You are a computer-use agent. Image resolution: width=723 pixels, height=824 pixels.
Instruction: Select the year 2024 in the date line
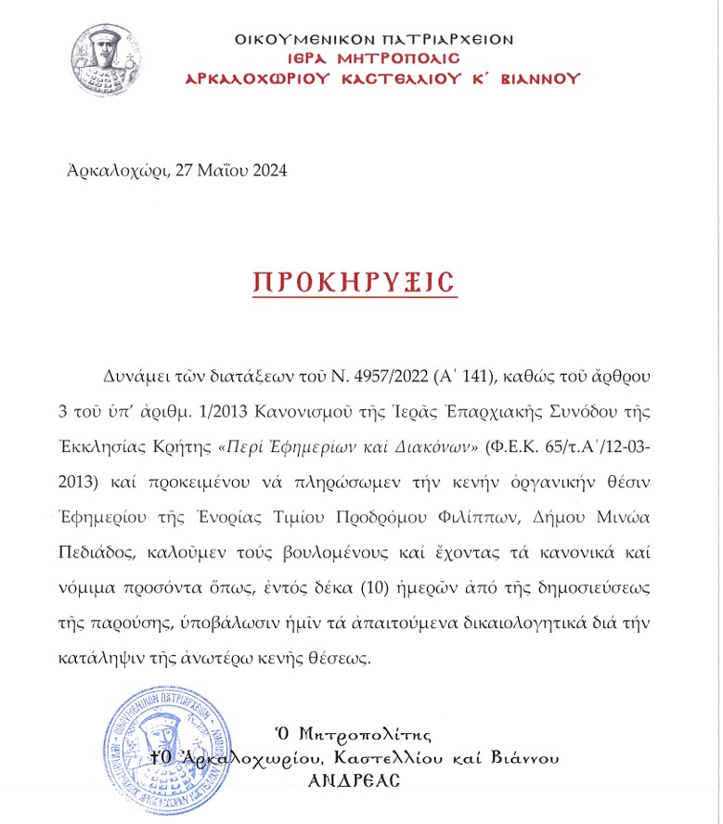[269, 171]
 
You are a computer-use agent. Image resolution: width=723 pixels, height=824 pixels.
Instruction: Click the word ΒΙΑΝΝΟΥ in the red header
[537, 79]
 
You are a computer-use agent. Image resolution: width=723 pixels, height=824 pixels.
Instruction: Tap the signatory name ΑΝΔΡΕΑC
[356, 781]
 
